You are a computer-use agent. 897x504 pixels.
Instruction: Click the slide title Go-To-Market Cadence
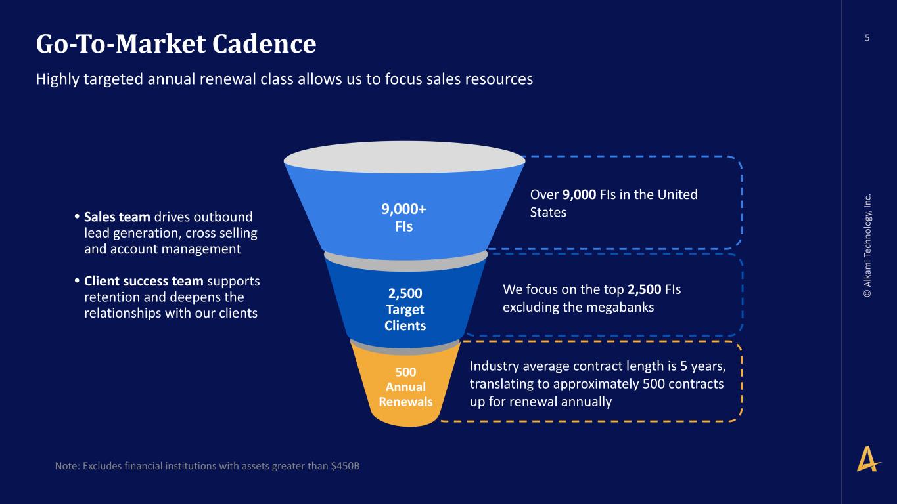(176, 44)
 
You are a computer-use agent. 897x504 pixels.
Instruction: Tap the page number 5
(867, 38)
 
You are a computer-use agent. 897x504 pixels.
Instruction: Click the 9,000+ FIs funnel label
(404, 218)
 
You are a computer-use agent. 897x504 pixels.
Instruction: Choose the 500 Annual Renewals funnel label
(405, 387)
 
